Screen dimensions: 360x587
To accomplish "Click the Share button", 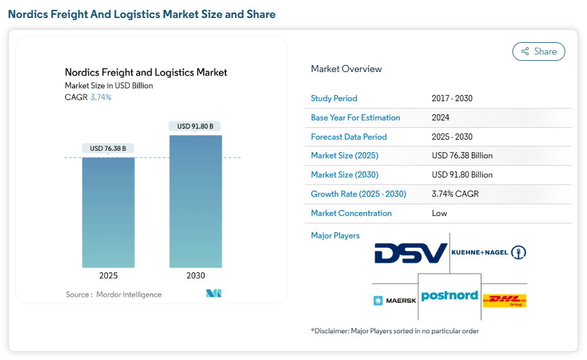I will (539, 52).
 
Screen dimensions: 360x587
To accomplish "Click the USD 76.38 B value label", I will (108, 148).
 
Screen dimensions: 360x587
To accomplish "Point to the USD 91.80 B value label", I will (195, 126).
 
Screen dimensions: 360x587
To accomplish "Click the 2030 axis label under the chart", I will (195, 276).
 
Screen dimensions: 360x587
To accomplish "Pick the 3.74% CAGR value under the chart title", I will (101, 97).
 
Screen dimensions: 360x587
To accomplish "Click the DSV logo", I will (411, 253).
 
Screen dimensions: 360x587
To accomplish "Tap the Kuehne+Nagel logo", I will (489, 253).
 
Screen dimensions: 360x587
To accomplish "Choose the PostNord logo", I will (449, 296).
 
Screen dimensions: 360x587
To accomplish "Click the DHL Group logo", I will (504, 301).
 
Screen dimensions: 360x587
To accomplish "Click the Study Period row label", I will (334, 98).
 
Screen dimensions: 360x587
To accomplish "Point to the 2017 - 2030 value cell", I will (452, 98).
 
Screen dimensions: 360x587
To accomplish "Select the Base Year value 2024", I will (440, 117).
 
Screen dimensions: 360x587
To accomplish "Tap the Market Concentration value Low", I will (439, 213).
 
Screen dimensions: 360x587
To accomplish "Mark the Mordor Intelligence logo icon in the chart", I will (214, 293).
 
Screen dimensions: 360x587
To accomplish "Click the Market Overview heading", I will (347, 69).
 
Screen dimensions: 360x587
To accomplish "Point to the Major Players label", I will (335, 235).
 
